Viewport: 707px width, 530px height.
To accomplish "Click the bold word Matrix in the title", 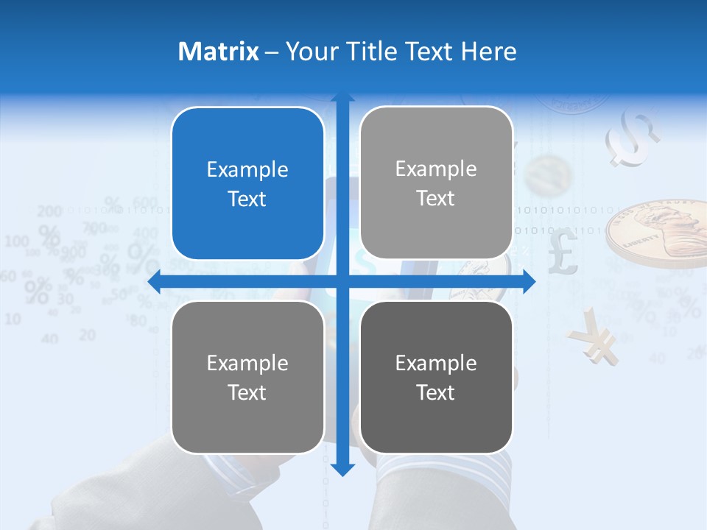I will [219, 52].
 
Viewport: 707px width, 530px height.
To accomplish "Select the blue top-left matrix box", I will [247, 183].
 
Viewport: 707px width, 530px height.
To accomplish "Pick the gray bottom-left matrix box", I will [247, 377].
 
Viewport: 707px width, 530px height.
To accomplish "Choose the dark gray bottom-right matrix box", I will [436, 377].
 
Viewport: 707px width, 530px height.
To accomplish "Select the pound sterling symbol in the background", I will [563, 251].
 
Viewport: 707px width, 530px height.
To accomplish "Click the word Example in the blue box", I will [247, 169].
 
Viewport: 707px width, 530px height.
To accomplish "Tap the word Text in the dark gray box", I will [436, 392].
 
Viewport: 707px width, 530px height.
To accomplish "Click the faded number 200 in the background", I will [49, 212].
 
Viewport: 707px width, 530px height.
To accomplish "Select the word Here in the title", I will [489, 52].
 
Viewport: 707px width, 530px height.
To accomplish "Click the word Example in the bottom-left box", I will [247, 363].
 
